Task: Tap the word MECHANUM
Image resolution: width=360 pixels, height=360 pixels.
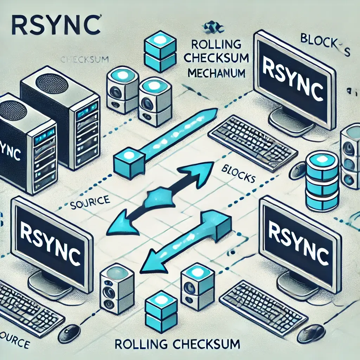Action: click(x=216, y=73)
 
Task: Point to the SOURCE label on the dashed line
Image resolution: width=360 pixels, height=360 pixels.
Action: click(x=90, y=204)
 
